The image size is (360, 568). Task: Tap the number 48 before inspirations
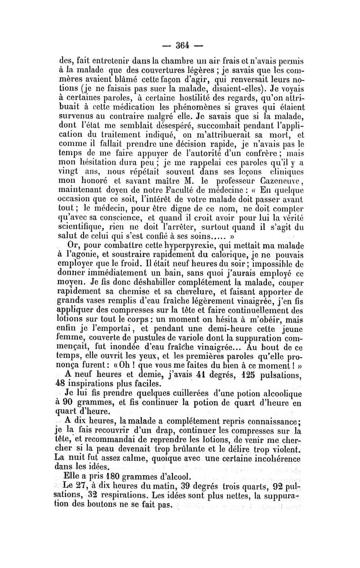click(72, 384)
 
